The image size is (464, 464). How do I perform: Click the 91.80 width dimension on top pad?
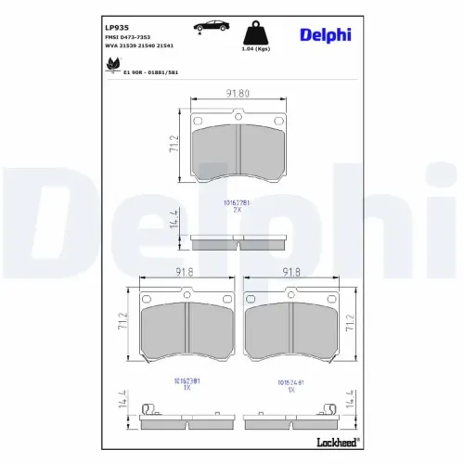coord(237,92)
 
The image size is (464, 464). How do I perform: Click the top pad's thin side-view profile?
coord(237,244)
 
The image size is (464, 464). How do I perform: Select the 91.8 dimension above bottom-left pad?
coord(184,273)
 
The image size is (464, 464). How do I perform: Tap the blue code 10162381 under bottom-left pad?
coord(187,380)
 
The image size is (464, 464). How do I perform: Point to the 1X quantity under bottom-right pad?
coord(290,390)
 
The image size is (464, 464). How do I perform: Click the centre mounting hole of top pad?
coord(238,120)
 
